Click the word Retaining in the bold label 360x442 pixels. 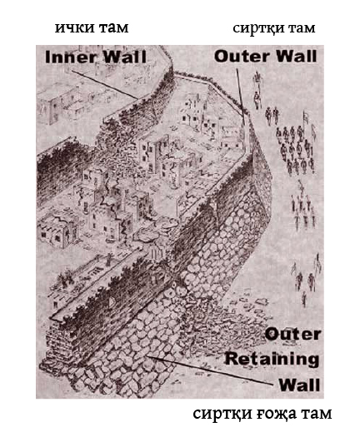(x=272, y=359)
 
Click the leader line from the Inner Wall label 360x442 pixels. (x=104, y=84)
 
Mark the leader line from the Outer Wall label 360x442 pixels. (x=240, y=92)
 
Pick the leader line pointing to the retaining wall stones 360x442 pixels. (x=210, y=370)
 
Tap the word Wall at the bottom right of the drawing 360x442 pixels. (x=299, y=385)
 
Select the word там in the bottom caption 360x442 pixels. (x=316, y=414)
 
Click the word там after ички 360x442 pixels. (x=113, y=28)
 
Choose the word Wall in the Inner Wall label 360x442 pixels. (x=125, y=57)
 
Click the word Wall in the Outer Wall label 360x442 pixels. (x=296, y=56)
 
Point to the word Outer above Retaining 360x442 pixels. (x=292, y=335)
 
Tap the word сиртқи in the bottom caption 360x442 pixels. (x=222, y=415)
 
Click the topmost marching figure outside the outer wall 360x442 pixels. (x=257, y=77)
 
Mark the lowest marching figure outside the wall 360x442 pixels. (x=304, y=300)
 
